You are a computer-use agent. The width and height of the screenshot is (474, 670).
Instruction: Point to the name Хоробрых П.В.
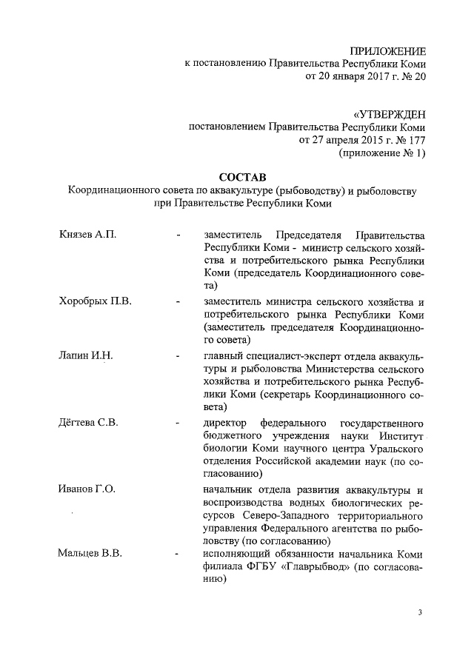[x=95, y=301]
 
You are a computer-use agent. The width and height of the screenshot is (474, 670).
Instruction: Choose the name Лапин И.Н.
[x=85, y=355]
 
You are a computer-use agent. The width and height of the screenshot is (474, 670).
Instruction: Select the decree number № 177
[x=409, y=141]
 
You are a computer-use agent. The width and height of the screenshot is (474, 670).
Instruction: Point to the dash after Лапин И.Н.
[x=178, y=356]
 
